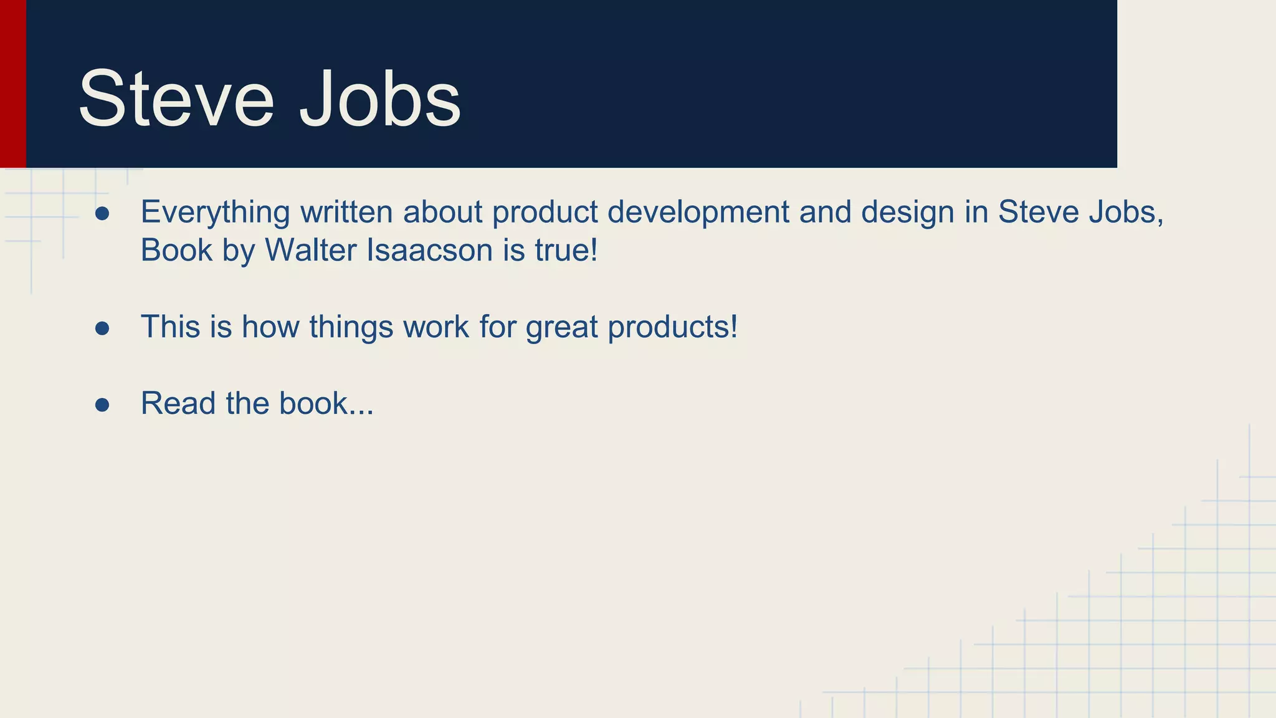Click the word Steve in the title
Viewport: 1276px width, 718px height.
point(176,98)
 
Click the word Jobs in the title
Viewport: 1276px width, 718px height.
point(380,98)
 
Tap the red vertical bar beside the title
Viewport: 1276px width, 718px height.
point(12,84)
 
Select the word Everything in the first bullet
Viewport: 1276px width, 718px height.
point(215,213)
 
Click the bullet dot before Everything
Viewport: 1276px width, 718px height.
point(102,214)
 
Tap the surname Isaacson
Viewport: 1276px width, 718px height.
point(430,251)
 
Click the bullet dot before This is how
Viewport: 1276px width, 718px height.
point(102,328)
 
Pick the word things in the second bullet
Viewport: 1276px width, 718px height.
point(351,327)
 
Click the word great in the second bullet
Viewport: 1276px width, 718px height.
point(561,327)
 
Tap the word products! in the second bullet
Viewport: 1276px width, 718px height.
point(672,327)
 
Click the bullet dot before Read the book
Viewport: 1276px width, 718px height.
point(102,405)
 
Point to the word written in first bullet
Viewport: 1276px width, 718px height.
point(346,213)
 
